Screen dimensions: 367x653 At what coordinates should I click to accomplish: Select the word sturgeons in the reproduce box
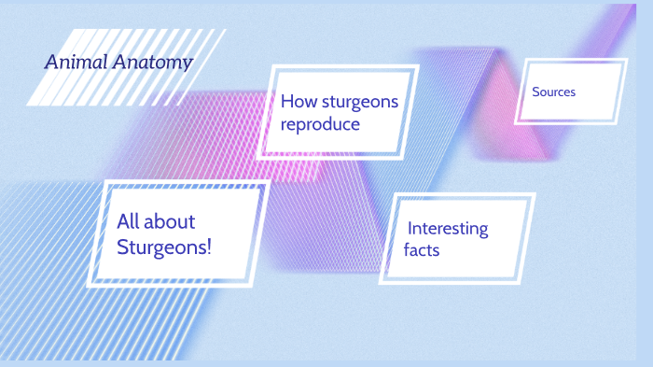(360, 102)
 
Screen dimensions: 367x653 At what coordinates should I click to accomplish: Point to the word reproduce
(320, 124)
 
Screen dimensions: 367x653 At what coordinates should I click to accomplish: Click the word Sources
(554, 92)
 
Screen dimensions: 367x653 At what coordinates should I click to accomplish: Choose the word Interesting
(448, 229)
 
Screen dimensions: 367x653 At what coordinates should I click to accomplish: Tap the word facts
(422, 250)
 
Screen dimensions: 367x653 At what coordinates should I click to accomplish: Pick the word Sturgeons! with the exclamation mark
(164, 247)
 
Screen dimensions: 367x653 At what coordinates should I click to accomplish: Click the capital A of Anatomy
(121, 64)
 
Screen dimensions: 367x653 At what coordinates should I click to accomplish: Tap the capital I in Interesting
(410, 229)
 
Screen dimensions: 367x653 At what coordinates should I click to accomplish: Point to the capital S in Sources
(536, 92)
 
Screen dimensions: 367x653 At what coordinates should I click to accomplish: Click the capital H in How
(287, 102)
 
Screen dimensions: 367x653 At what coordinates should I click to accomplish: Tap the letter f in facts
(407, 249)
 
